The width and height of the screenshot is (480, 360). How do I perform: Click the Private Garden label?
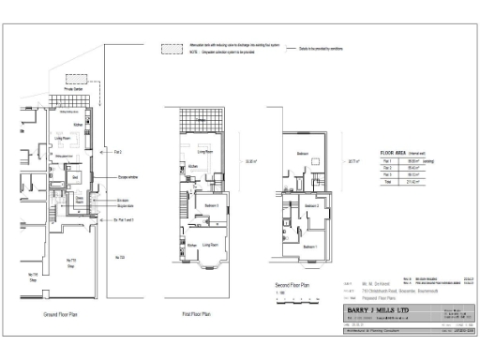(73, 88)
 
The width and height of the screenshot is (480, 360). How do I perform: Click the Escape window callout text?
(129, 175)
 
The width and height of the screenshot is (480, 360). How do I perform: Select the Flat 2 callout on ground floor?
(118, 151)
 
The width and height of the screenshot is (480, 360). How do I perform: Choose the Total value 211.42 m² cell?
(412, 181)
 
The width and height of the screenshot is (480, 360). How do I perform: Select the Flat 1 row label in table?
(386, 161)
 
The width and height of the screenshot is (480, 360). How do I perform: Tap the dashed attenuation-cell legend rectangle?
(171, 49)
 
